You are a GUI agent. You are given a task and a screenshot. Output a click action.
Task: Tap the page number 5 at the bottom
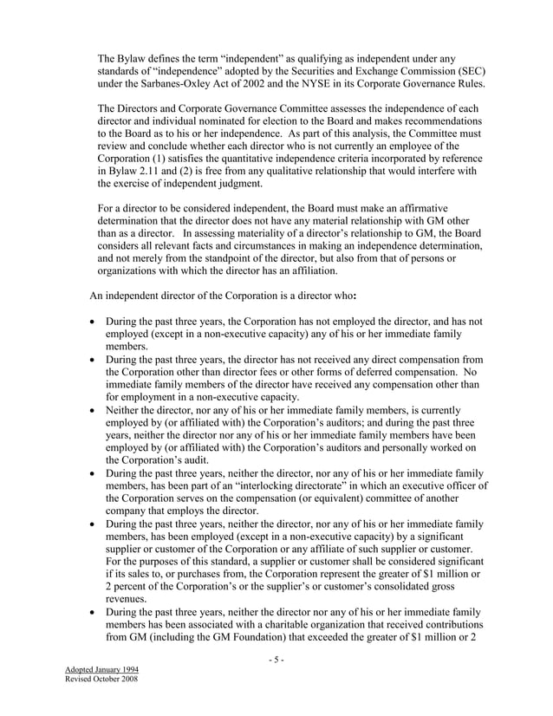pos(276,661)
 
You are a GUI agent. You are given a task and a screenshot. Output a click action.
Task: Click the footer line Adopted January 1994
pos(101,671)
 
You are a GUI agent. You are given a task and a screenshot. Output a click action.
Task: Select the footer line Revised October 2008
pos(101,681)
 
